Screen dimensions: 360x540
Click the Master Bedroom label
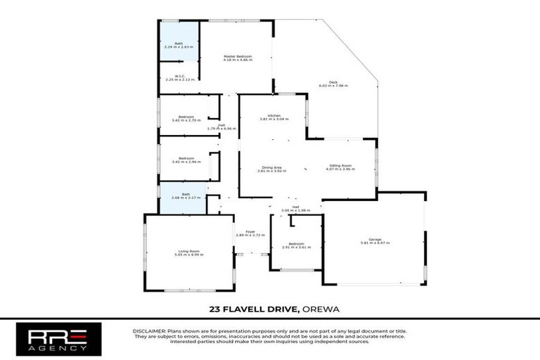pyautogui.click(x=238, y=56)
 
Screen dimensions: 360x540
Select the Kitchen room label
pyautogui.click(x=274, y=115)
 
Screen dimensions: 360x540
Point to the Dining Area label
pyautogui.click(x=272, y=167)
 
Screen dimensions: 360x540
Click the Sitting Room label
pyautogui.click(x=340, y=166)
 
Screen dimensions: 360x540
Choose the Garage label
pyautogui.click(x=374, y=239)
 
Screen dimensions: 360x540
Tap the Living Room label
pyautogui.click(x=189, y=251)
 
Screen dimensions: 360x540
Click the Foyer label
pyautogui.click(x=250, y=231)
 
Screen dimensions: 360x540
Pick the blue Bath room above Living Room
pyautogui.click(x=184, y=198)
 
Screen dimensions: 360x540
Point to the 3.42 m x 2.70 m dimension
pyautogui.click(x=186, y=120)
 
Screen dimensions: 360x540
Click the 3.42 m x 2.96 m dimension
pyautogui.click(x=186, y=162)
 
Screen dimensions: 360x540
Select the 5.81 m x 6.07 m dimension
pyautogui.click(x=374, y=243)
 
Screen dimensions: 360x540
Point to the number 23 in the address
pyautogui.click(x=214, y=308)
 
